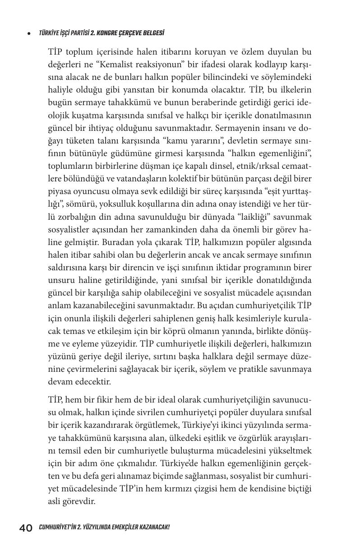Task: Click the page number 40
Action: pos(26,528)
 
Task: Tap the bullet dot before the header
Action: pos(29,33)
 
